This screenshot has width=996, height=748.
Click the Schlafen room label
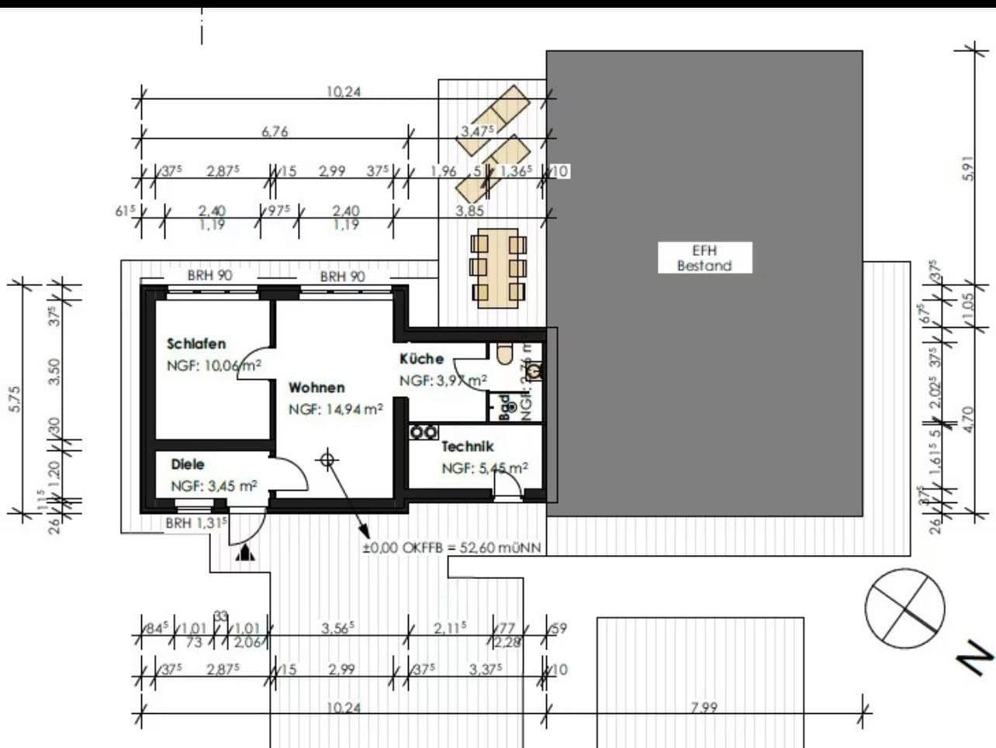click(196, 343)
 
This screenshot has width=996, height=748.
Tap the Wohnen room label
click(316, 388)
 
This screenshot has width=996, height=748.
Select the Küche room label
click(421, 359)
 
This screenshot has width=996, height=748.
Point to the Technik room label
click(467, 446)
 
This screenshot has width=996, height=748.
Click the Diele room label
click(188, 464)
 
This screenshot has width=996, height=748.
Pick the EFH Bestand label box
click(704, 258)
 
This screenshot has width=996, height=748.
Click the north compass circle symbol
click(904, 608)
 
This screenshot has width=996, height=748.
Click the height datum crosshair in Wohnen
click(327, 460)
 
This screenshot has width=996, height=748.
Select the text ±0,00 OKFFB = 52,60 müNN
click(451, 548)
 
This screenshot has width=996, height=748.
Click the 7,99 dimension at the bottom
click(704, 707)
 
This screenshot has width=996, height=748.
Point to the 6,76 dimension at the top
click(275, 132)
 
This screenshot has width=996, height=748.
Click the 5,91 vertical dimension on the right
click(967, 168)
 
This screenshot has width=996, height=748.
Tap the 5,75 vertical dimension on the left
click(16, 398)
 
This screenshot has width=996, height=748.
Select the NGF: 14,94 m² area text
click(336, 409)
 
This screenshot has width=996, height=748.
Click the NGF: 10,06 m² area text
click(213, 366)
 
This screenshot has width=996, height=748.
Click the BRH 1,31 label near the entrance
click(196, 523)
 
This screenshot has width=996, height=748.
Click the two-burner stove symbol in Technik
click(424, 432)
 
